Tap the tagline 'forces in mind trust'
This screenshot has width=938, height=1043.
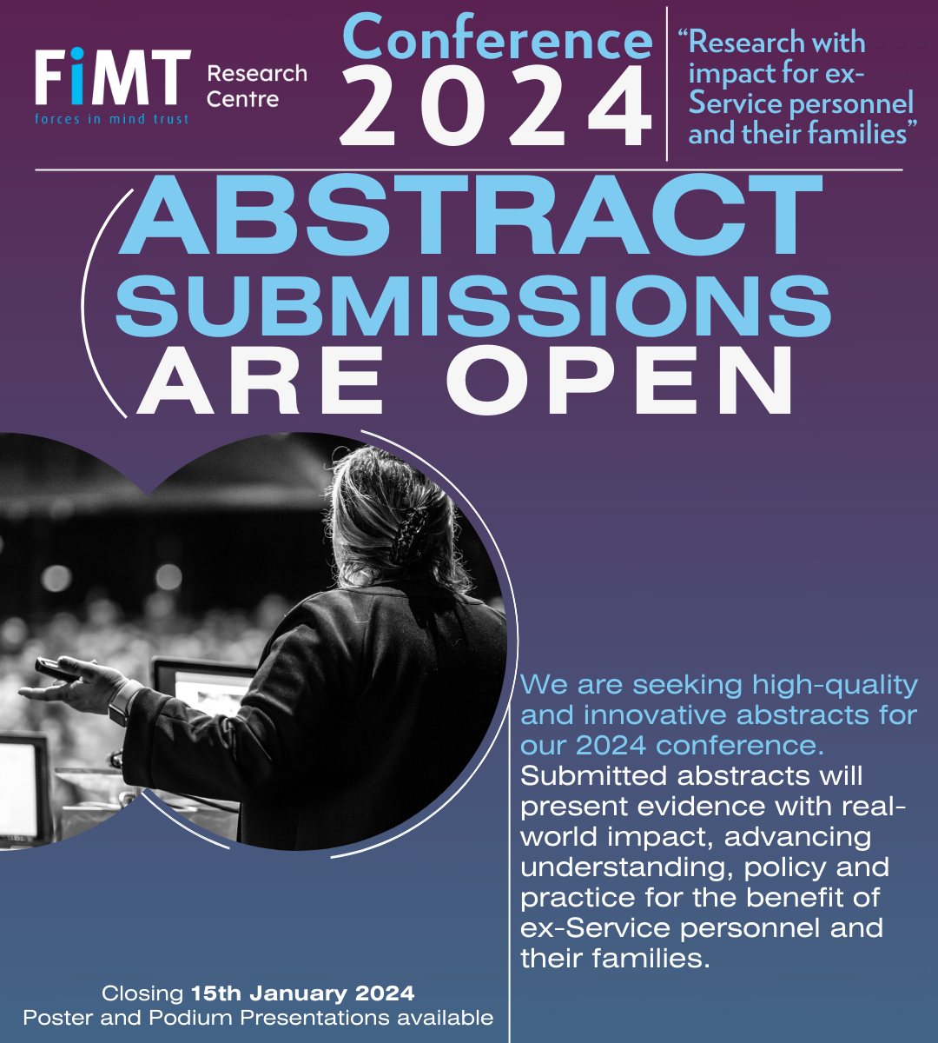(x=112, y=119)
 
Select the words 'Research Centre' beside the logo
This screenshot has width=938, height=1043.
(x=256, y=86)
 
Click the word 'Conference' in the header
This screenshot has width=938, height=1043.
(x=498, y=39)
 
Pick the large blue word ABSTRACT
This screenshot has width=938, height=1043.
(x=470, y=216)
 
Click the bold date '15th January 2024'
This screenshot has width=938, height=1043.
(x=303, y=993)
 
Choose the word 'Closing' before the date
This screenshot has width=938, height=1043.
(x=142, y=993)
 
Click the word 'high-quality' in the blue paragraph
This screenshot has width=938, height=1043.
(x=835, y=685)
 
